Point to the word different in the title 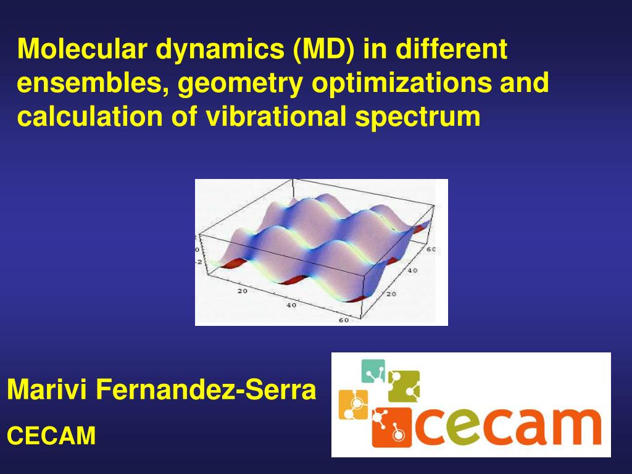tap(452, 49)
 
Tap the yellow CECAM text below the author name tap(51, 436)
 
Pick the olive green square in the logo tap(404, 386)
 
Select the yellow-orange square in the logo tap(353, 404)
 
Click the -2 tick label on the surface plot tap(199, 262)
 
